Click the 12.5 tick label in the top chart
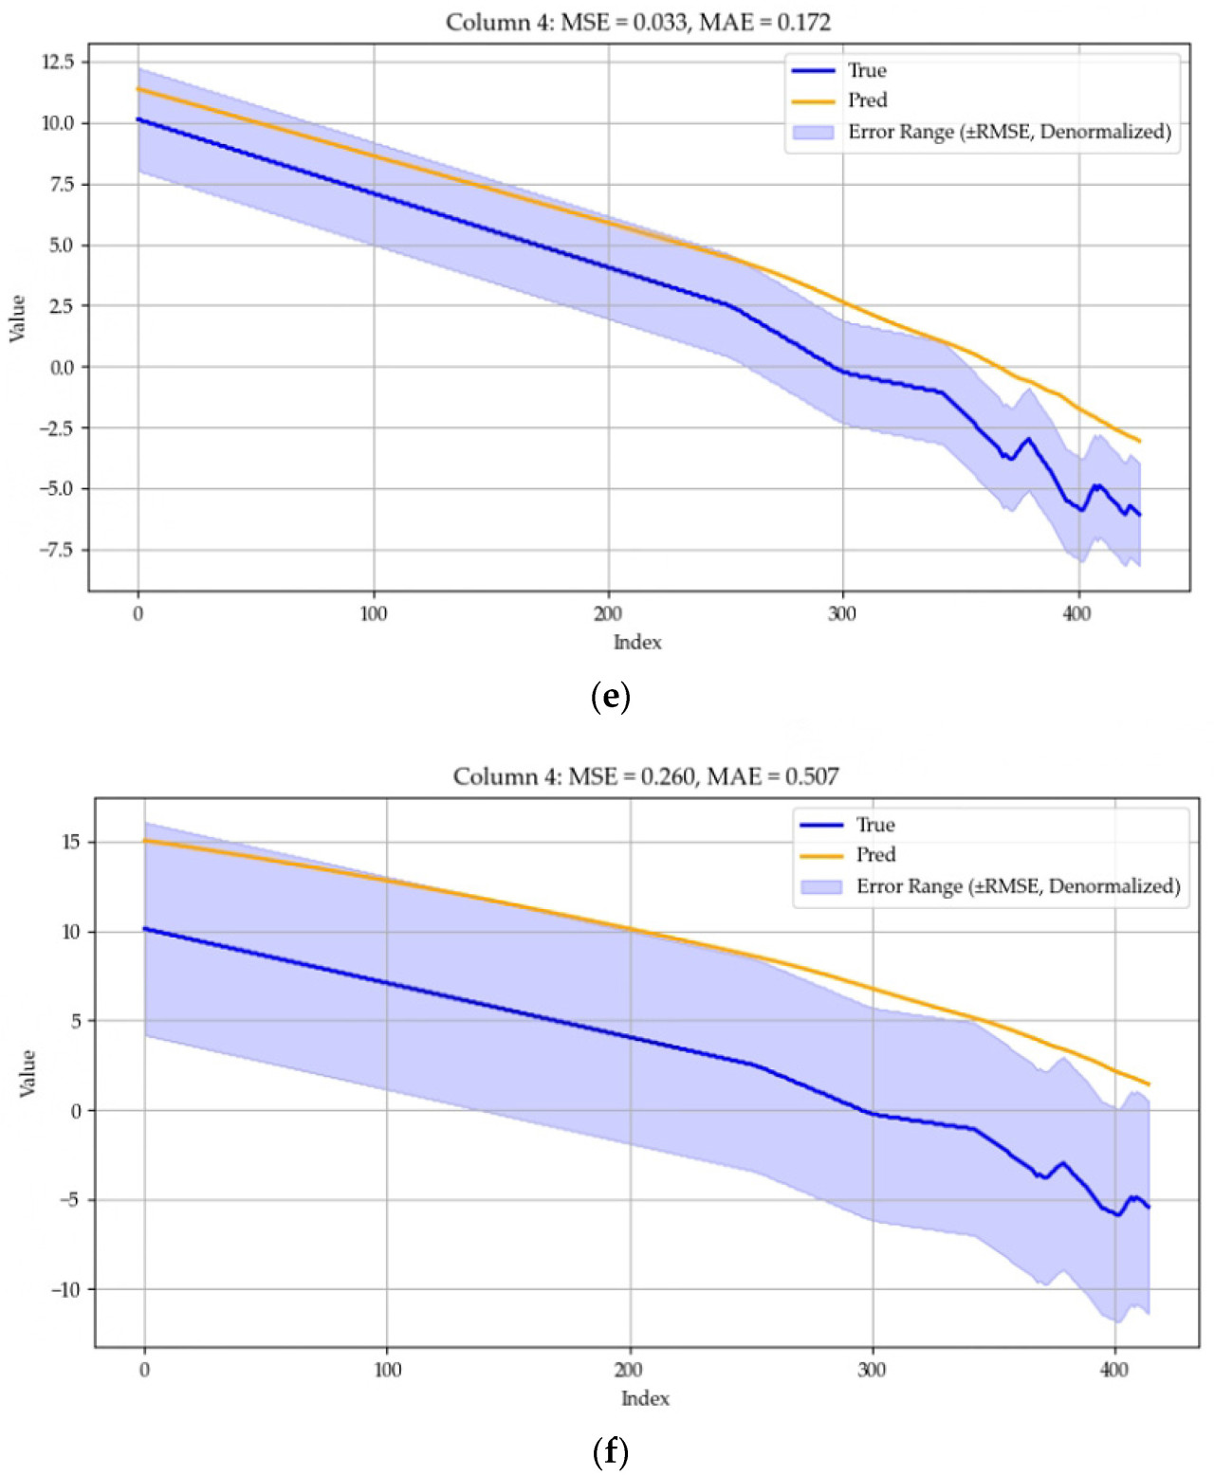click(x=57, y=63)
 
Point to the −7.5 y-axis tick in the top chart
click(x=54, y=550)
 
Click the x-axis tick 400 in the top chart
click(x=1076, y=613)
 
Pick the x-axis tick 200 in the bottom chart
click(x=629, y=1369)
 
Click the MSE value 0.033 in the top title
click(x=659, y=23)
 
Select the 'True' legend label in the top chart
click(x=867, y=71)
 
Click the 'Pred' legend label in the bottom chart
click(x=875, y=855)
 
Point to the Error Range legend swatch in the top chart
click(x=813, y=132)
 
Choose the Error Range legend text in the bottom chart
click(x=1018, y=886)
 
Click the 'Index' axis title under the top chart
click(x=637, y=643)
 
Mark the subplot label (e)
click(x=610, y=698)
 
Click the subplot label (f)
click(x=610, y=1451)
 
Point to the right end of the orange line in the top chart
click(x=1139, y=441)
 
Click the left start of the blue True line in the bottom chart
click(x=145, y=929)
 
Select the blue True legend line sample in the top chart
click(x=813, y=71)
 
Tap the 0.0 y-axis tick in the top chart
click(x=61, y=368)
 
